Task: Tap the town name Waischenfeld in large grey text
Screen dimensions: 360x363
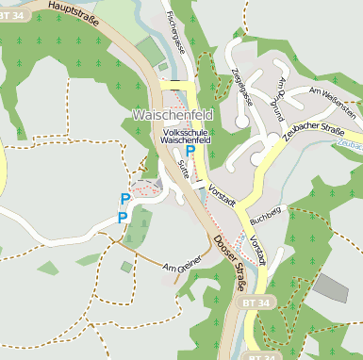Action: (173, 115)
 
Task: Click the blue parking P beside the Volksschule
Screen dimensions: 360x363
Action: (190, 151)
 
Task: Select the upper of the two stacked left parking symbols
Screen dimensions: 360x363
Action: (124, 199)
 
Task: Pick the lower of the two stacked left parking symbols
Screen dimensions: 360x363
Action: (122, 218)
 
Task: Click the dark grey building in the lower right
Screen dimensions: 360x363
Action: (331, 288)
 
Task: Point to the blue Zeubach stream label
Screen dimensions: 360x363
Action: (350, 144)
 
